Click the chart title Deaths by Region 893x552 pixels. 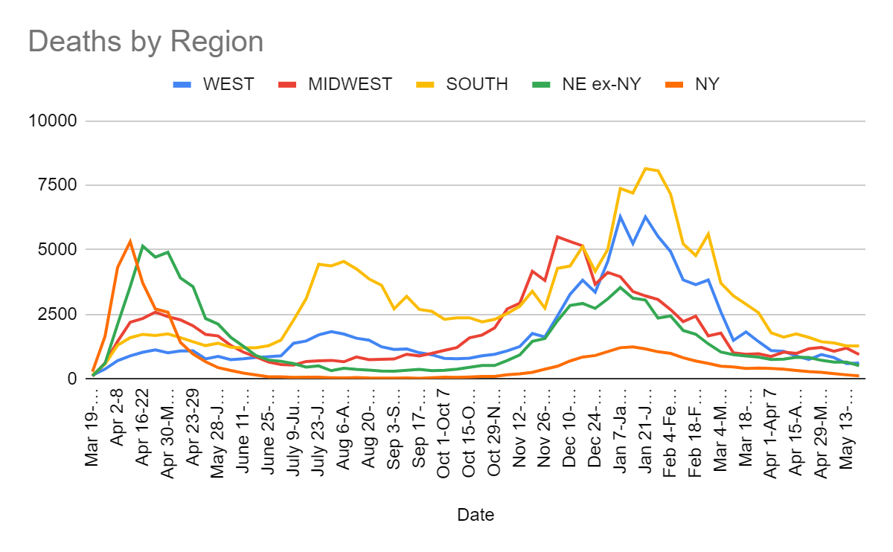pyautogui.click(x=146, y=41)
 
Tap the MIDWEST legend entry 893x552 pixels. pyautogui.click(x=350, y=84)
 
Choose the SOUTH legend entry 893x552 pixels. pyautogui.click(x=476, y=84)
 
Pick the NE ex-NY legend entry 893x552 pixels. pyautogui.click(x=602, y=84)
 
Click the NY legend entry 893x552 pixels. pyautogui.click(x=706, y=84)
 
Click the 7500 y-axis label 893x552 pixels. pyautogui.click(x=58, y=185)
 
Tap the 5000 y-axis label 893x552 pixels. pyautogui.click(x=58, y=250)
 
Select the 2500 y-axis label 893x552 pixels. pyautogui.click(x=58, y=315)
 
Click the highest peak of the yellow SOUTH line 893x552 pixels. pyautogui.click(x=645, y=168)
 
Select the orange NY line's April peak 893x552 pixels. pyautogui.click(x=130, y=241)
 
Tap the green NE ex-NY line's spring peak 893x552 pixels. pyautogui.click(x=143, y=245)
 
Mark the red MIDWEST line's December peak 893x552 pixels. pyautogui.click(x=557, y=237)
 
